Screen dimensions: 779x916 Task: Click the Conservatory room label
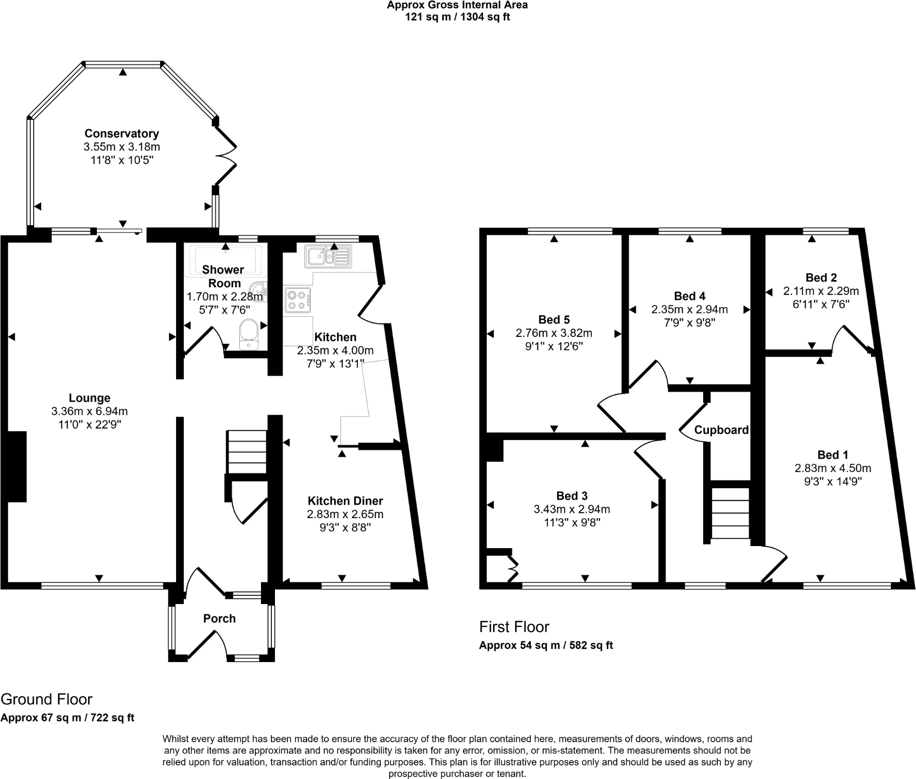[x=122, y=134]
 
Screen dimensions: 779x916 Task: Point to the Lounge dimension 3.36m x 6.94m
[x=90, y=411]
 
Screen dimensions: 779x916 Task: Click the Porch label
[x=219, y=619]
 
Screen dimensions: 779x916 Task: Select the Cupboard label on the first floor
[x=721, y=430]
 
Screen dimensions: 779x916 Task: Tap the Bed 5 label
[x=554, y=319]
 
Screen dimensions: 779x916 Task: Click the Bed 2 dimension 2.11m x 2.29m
[x=821, y=291]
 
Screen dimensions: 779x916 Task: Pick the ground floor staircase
[x=246, y=451]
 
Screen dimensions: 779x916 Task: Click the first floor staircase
[x=730, y=512]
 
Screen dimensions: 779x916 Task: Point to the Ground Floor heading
[x=47, y=699]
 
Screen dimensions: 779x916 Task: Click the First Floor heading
[x=514, y=627]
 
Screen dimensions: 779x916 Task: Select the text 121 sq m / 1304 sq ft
[x=457, y=17]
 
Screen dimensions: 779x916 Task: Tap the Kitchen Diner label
[x=345, y=501]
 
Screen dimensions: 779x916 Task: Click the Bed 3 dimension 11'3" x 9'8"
[x=572, y=523]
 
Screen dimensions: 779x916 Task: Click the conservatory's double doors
[x=226, y=155]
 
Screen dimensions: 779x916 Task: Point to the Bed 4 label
[x=689, y=296]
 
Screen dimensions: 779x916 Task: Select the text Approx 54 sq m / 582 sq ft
[x=546, y=645]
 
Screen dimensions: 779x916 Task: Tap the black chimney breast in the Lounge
[x=17, y=466]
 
